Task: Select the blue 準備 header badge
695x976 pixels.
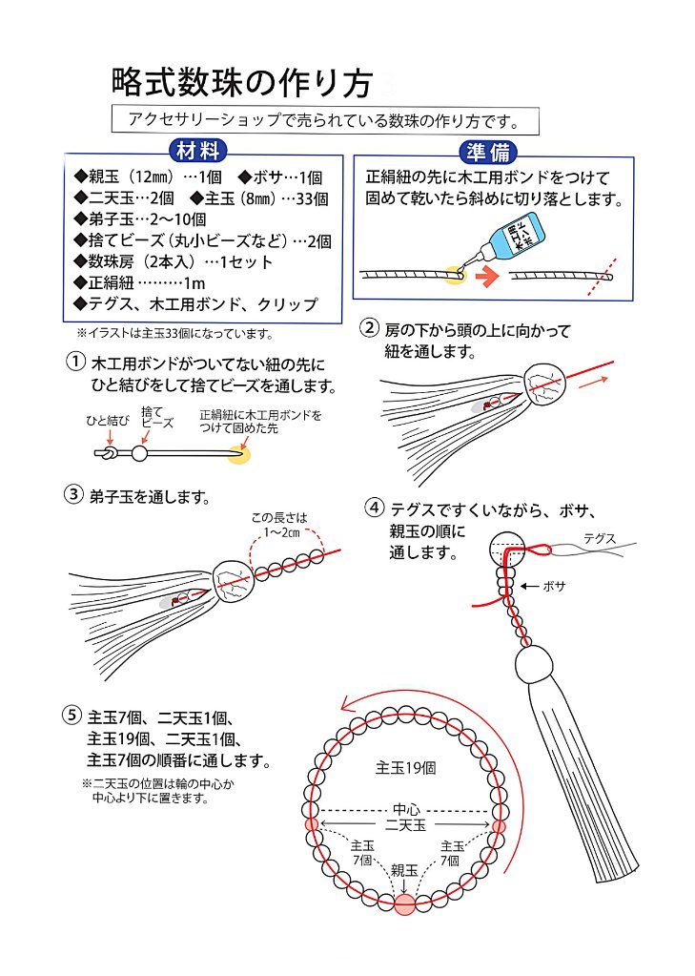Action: coord(489,152)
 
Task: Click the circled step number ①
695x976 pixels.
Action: coord(73,363)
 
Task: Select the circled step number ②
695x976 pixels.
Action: coord(368,329)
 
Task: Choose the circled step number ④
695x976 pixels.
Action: coord(375,507)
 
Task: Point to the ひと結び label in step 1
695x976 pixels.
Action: coord(107,419)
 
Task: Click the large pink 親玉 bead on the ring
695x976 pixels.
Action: coord(405,904)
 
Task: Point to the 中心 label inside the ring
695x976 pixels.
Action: coord(406,809)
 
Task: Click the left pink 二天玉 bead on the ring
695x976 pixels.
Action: coord(311,823)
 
